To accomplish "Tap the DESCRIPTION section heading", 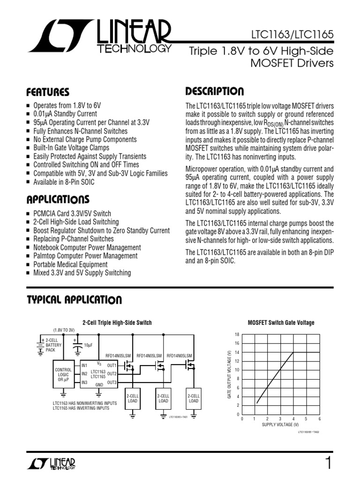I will click(x=214, y=91).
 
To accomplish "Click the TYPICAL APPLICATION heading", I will click(x=74, y=300).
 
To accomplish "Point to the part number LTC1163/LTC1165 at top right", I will click(x=298, y=36).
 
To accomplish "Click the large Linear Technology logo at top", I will click(x=98, y=38).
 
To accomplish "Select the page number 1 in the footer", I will click(x=328, y=463).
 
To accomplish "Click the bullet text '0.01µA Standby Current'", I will click(x=65, y=114).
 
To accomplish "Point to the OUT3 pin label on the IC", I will click(x=112, y=383).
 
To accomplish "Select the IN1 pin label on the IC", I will click(x=84, y=365).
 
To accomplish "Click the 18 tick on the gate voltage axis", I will click(x=237, y=334).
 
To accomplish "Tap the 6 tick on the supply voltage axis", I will click(x=319, y=419).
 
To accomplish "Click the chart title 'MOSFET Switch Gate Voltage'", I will click(x=281, y=323).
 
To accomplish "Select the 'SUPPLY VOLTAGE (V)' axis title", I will click(x=280, y=425).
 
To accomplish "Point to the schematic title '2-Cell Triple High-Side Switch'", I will click(x=117, y=323).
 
